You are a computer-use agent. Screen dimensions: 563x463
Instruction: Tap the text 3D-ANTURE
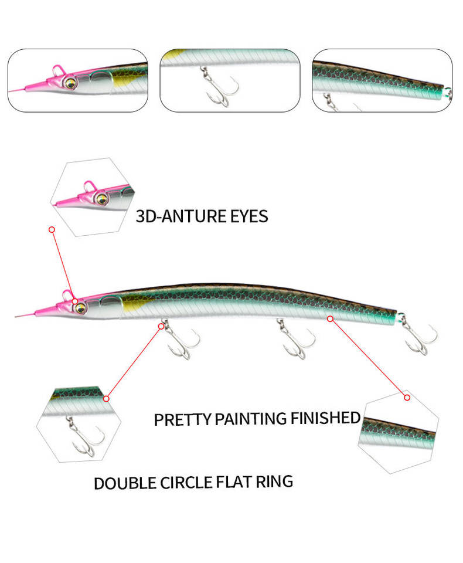pos(174,216)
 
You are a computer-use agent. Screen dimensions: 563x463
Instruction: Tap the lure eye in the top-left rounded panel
pos(70,83)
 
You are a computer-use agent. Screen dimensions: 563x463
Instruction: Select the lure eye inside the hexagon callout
pos(102,198)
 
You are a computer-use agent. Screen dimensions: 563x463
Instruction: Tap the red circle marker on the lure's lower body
pos(330,318)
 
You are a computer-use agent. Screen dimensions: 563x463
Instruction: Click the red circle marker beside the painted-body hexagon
pos(407,397)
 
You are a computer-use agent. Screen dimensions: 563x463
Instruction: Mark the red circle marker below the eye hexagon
pos(52,229)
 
